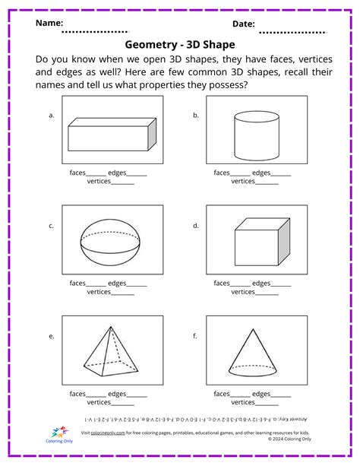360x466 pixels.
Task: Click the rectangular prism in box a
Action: [x=112, y=136]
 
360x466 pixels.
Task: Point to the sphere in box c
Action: [x=112, y=245]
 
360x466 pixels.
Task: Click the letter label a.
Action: [x=52, y=116]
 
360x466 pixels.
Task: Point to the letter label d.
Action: [x=196, y=226]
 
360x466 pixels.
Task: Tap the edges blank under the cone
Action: [x=281, y=395]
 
